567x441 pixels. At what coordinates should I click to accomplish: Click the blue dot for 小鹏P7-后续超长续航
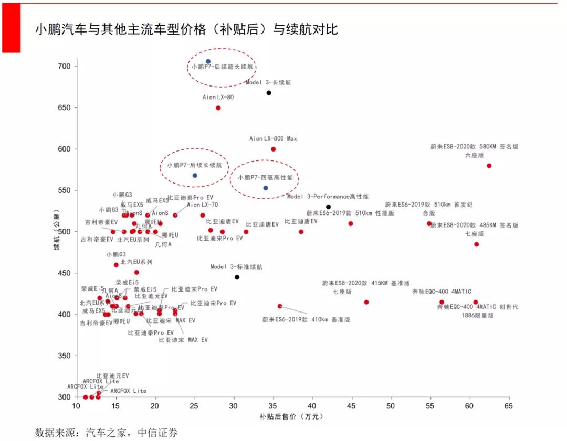pos(208,61)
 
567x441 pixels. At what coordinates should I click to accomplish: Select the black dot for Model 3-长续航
pos(269,93)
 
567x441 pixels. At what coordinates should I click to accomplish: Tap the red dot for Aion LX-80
pos(218,108)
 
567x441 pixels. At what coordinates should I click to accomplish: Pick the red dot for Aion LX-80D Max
pos(273,149)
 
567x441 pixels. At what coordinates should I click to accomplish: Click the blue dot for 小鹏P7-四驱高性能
pos(266,188)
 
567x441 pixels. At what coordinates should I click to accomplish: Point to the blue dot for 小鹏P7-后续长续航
pos(195,175)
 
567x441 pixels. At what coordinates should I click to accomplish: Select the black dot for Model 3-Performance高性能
pos(328,207)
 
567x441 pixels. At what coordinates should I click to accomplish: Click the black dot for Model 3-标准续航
pos(237,277)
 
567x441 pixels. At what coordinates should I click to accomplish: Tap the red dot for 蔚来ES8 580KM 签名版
pos(489,166)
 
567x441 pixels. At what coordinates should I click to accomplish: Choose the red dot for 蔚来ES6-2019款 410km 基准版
pos(280,306)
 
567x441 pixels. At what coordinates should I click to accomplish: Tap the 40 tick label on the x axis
pos(312,406)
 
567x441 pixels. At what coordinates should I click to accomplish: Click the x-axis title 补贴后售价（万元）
pos(291,417)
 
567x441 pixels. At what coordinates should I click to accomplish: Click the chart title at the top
pos(186,29)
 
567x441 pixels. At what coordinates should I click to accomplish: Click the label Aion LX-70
pos(202,205)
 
